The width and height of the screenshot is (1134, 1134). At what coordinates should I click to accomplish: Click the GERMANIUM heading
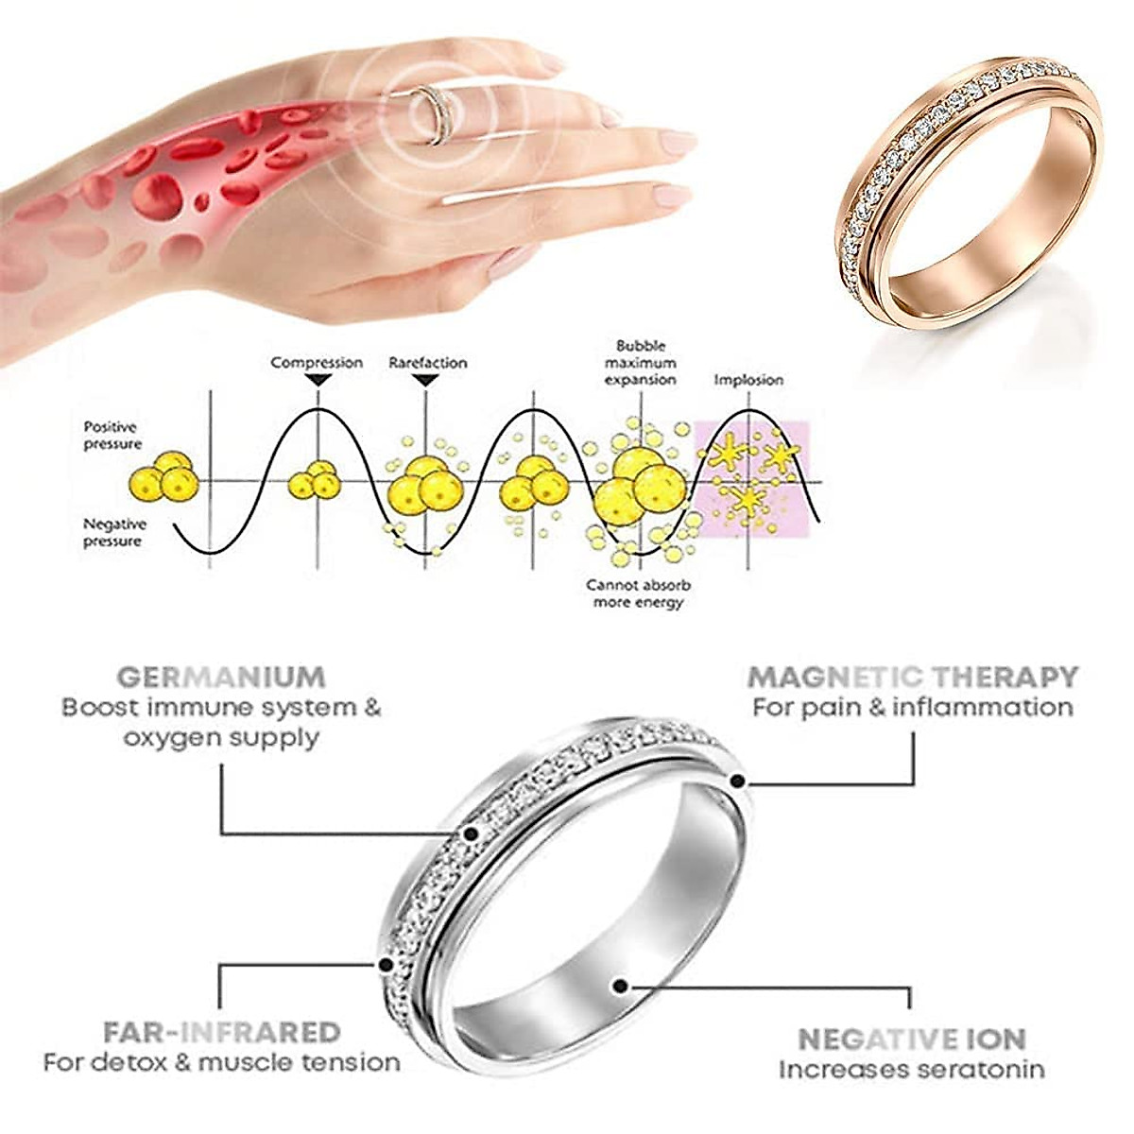221,677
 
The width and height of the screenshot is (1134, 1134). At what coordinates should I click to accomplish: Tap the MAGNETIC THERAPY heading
912,677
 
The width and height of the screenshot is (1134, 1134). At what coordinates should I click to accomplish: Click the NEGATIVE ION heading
912,1039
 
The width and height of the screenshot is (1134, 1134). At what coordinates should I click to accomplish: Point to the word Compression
317,363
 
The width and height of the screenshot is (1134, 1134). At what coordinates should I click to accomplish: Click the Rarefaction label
428,363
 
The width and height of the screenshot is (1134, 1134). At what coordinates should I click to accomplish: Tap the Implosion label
748,380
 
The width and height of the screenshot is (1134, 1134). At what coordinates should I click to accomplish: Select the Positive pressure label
112,436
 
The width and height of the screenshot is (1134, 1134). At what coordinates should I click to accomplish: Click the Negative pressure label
114,532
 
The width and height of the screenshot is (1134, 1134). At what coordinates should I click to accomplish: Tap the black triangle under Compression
318,380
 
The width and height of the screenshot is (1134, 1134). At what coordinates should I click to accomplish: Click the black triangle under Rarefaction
426,380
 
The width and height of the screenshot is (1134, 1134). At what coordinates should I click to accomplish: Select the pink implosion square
753,479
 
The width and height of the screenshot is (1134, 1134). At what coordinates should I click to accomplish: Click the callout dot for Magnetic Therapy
738,781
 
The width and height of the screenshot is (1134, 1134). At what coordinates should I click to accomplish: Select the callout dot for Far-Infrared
385,965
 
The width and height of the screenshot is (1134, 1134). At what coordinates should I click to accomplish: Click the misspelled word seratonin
986,1070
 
